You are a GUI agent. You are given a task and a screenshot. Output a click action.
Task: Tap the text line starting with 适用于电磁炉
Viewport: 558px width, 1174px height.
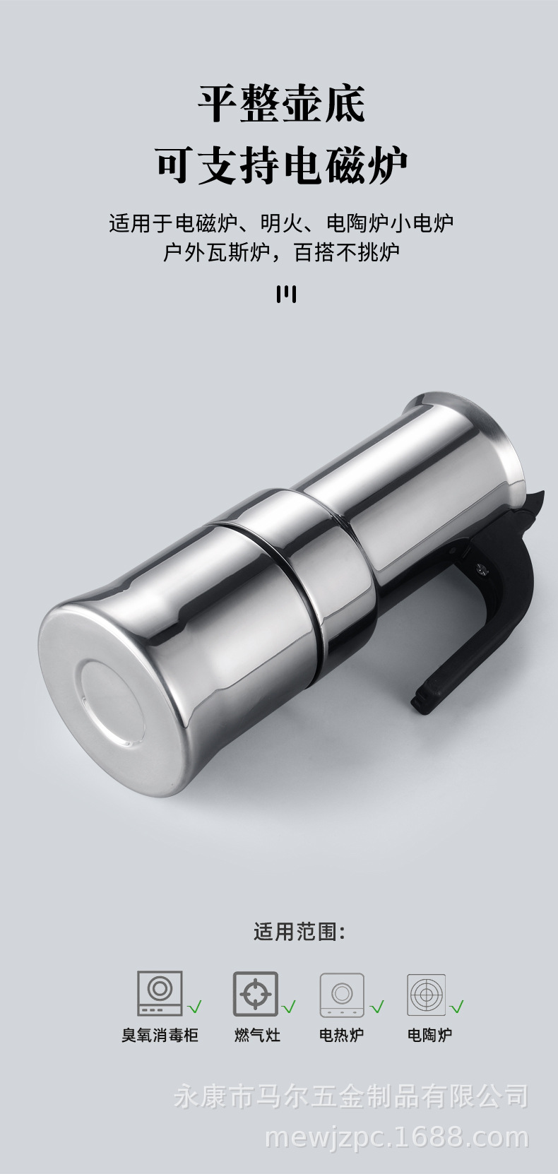[x=281, y=223]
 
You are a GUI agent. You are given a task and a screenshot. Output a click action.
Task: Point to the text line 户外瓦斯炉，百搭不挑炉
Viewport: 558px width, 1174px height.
[x=281, y=252]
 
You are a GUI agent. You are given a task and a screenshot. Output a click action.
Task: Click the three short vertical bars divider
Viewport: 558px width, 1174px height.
[x=286, y=295]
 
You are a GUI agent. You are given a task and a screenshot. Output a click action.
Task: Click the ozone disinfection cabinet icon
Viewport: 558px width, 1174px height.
[x=160, y=993]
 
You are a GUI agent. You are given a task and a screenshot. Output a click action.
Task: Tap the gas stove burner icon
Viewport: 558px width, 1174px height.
[x=256, y=994]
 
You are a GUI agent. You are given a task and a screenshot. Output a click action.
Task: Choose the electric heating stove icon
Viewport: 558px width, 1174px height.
[x=342, y=995]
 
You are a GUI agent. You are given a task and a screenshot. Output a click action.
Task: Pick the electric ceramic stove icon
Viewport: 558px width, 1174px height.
[x=427, y=995]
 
